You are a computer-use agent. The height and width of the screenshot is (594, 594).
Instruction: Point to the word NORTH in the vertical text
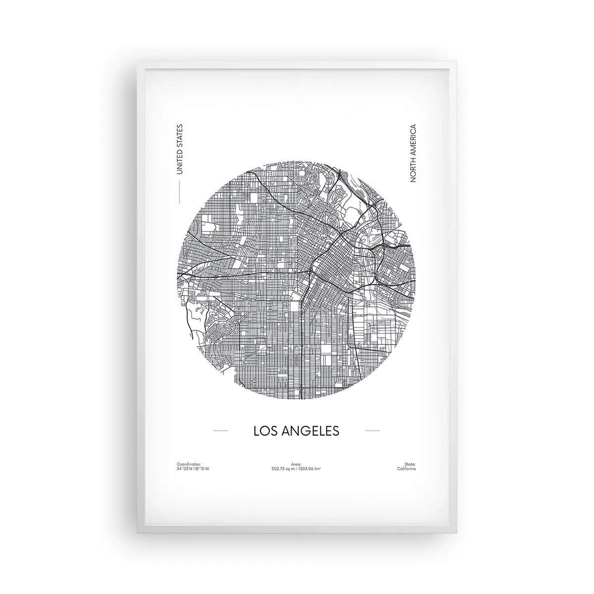point(414,170)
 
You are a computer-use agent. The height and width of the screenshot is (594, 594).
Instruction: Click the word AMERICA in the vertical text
point(414,142)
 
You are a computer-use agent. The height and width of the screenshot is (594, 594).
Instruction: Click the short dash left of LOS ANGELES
point(220,431)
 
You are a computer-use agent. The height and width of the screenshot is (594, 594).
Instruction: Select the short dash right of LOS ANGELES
point(372,431)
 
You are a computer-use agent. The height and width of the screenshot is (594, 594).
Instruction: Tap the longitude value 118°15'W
point(201,468)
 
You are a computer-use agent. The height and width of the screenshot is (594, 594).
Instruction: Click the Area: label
point(297,464)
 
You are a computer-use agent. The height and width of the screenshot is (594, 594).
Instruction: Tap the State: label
point(409,464)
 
